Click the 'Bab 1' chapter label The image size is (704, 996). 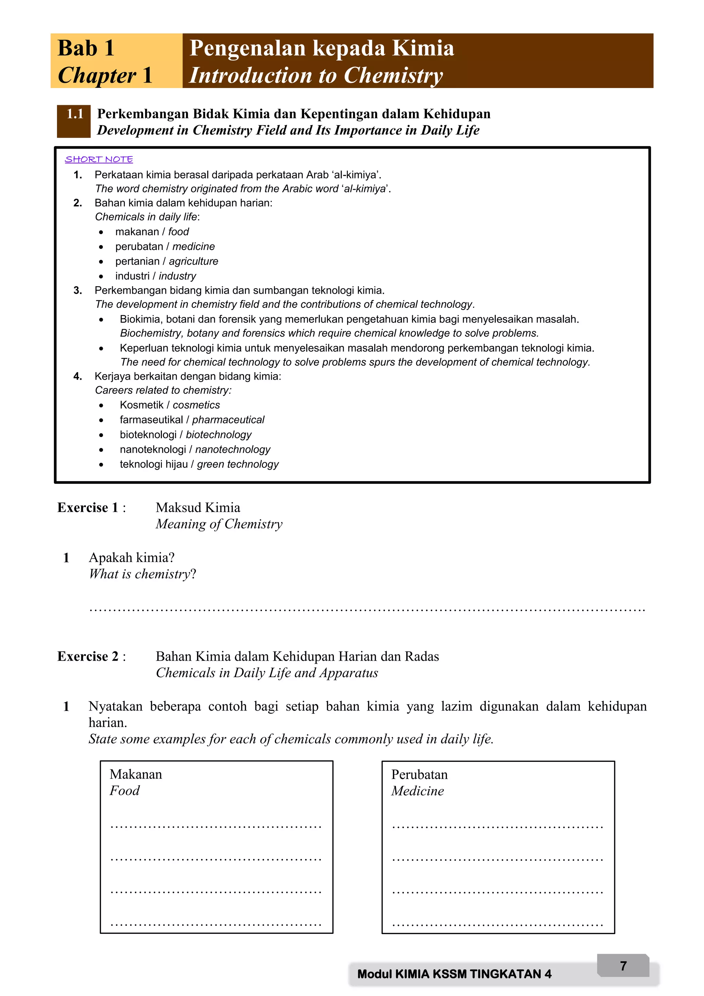[86, 48]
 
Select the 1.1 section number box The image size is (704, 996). [74, 121]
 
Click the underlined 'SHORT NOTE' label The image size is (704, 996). [99, 159]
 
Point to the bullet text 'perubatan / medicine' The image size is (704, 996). [165, 246]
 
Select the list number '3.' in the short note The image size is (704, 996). [78, 290]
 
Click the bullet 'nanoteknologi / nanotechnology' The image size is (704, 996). [195, 450]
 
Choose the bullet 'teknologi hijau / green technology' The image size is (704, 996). [199, 464]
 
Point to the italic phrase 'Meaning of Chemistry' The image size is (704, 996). [219, 524]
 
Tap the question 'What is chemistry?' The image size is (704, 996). [142, 574]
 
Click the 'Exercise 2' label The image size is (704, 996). [88, 656]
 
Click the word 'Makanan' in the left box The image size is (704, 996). [136, 774]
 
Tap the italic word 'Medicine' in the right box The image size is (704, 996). [417, 791]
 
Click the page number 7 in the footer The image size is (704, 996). [623, 966]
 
